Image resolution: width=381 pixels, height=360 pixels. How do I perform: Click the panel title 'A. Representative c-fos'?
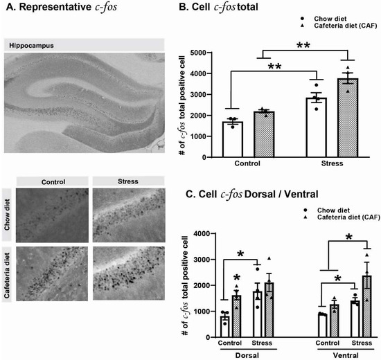point(56,9)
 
